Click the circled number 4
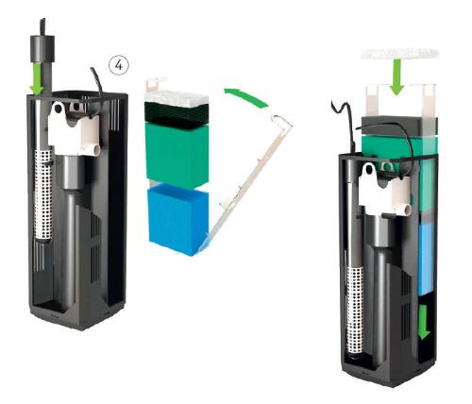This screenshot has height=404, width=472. [119, 66]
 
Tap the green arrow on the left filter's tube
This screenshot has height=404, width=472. [38, 78]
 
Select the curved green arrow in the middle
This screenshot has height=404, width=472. [247, 96]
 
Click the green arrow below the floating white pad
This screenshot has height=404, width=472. [397, 77]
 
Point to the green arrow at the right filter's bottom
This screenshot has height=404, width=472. [424, 322]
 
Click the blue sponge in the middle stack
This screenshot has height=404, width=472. [178, 220]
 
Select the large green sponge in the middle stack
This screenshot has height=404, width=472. [177, 155]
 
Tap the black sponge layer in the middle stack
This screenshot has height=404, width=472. [177, 111]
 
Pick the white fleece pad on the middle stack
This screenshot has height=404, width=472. [177, 96]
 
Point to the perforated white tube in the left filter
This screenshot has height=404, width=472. [42, 194]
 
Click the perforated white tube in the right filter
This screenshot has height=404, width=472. [355, 312]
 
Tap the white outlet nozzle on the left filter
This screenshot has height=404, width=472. [93, 149]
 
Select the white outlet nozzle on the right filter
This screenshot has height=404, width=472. [404, 209]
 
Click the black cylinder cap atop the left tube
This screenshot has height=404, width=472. [42, 48]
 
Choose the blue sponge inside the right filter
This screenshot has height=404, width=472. [428, 259]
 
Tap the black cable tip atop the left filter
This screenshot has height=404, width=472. [42, 26]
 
